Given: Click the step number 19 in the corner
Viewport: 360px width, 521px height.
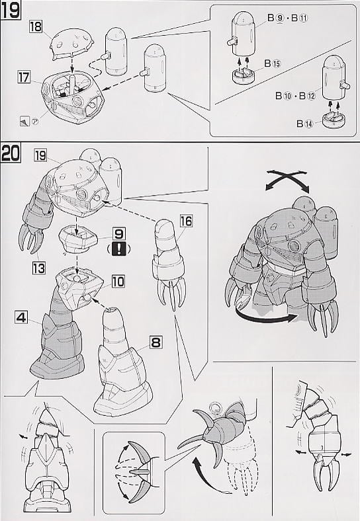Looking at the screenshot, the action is coord(10,10).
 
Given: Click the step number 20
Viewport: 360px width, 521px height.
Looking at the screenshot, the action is coord(11,153).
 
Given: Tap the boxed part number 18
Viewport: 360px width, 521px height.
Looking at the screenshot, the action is coord(36,26).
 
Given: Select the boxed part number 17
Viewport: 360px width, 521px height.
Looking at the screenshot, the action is coord(24,77).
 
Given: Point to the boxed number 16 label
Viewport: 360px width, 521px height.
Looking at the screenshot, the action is coord(187,221).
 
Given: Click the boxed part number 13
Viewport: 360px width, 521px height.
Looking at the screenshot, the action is coord(38,268).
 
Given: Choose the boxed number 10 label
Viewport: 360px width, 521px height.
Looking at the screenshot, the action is coord(118,282).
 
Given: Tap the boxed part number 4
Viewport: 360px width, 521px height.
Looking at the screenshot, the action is coord(21,317).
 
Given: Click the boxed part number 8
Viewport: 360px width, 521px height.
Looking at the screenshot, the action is coord(156,342).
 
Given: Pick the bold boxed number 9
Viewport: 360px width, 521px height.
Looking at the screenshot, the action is coord(119,234).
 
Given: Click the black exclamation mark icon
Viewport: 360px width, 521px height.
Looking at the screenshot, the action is coord(119,249).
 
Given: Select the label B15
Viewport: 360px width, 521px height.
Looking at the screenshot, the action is coord(273,63).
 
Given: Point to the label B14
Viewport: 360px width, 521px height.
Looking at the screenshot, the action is coord(305,124).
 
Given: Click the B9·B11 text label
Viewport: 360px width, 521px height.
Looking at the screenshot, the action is coord(287,18).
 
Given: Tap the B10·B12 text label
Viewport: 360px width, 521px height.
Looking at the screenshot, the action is coord(295,96).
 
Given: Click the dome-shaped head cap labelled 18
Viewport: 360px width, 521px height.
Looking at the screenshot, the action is coord(72,44).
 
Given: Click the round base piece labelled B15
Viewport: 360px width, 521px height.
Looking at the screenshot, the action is coord(244,76).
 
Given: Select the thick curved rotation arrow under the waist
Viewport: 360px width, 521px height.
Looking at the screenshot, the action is coord(265,318).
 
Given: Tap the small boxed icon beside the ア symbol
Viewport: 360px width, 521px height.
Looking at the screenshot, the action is coord(25,121).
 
